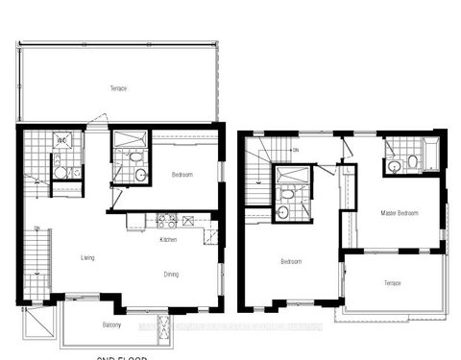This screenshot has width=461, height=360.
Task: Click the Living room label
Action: pos(87,256)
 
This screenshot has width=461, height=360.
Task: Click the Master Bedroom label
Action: pos(399,212)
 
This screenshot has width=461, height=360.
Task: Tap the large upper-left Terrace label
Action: pos(118,89)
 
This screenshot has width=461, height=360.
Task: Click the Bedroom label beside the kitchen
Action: pos(183,175)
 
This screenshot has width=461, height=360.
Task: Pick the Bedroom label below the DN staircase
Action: pos(292,261)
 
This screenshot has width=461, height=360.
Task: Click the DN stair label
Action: pos(296,151)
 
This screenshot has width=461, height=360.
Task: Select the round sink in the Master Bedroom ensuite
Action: pos(395,166)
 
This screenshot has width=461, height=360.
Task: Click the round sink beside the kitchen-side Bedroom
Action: pos(139,175)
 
